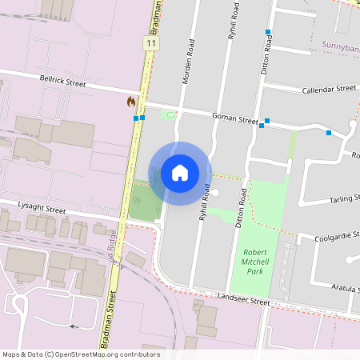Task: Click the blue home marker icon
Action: [180, 172]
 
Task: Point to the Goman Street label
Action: [234, 118]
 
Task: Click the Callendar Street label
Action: [328, 90]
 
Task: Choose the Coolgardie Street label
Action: [331, 236]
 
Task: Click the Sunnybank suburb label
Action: [340, 46]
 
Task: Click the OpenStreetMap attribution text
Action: [81, 354]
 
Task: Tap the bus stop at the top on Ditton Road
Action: [268, 32]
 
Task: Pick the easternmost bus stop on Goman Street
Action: [329, 133]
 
